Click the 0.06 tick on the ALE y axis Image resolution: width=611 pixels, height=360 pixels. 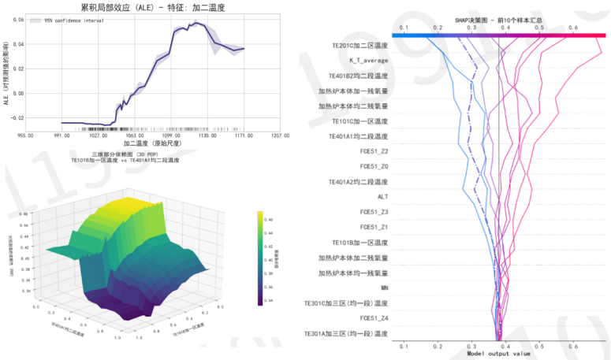coord(17,18)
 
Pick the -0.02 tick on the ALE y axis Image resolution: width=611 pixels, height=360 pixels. coord(15,118)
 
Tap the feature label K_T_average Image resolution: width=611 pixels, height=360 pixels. coord(369,61)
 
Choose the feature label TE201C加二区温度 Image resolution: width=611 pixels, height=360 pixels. coord(359,46)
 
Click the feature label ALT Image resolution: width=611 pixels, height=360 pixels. coord(382,197)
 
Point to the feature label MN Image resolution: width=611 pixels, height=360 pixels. coord(384,288)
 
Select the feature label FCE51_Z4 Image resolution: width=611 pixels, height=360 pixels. coord(374,318)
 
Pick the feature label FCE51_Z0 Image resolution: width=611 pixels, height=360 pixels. coord(374,166)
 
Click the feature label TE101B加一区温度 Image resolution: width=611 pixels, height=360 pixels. coord(360,243)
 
